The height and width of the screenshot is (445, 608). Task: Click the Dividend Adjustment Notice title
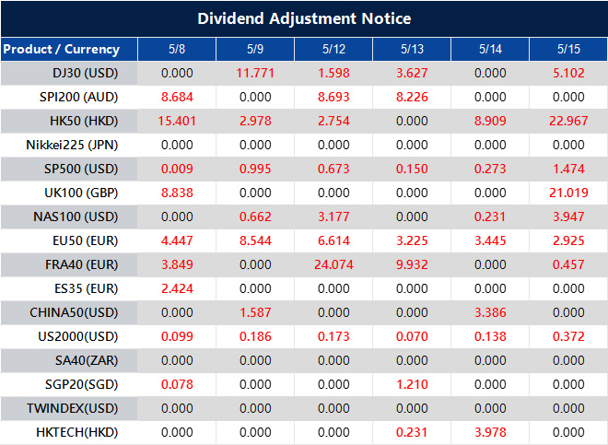304,18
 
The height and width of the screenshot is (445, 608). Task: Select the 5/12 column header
333,49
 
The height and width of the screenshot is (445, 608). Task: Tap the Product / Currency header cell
61,49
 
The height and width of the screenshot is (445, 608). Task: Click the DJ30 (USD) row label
85,72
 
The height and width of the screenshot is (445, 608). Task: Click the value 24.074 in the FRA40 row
333,263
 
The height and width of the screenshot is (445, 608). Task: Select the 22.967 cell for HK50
567,120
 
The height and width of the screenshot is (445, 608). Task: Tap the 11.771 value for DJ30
254,72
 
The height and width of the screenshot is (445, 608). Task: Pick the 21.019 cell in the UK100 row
567,192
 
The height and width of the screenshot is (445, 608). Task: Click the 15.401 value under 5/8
176,120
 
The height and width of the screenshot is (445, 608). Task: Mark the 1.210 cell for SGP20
411,383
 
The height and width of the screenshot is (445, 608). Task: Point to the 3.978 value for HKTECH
489,431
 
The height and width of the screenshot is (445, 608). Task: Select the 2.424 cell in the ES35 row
176,287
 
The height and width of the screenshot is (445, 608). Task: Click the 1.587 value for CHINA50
254,311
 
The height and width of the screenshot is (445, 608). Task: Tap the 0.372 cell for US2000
567,335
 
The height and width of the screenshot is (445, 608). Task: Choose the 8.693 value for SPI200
333,96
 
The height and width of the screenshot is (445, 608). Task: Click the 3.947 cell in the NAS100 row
567,216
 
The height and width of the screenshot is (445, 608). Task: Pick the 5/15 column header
567,49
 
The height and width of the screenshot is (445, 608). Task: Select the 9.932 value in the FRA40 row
411,263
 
